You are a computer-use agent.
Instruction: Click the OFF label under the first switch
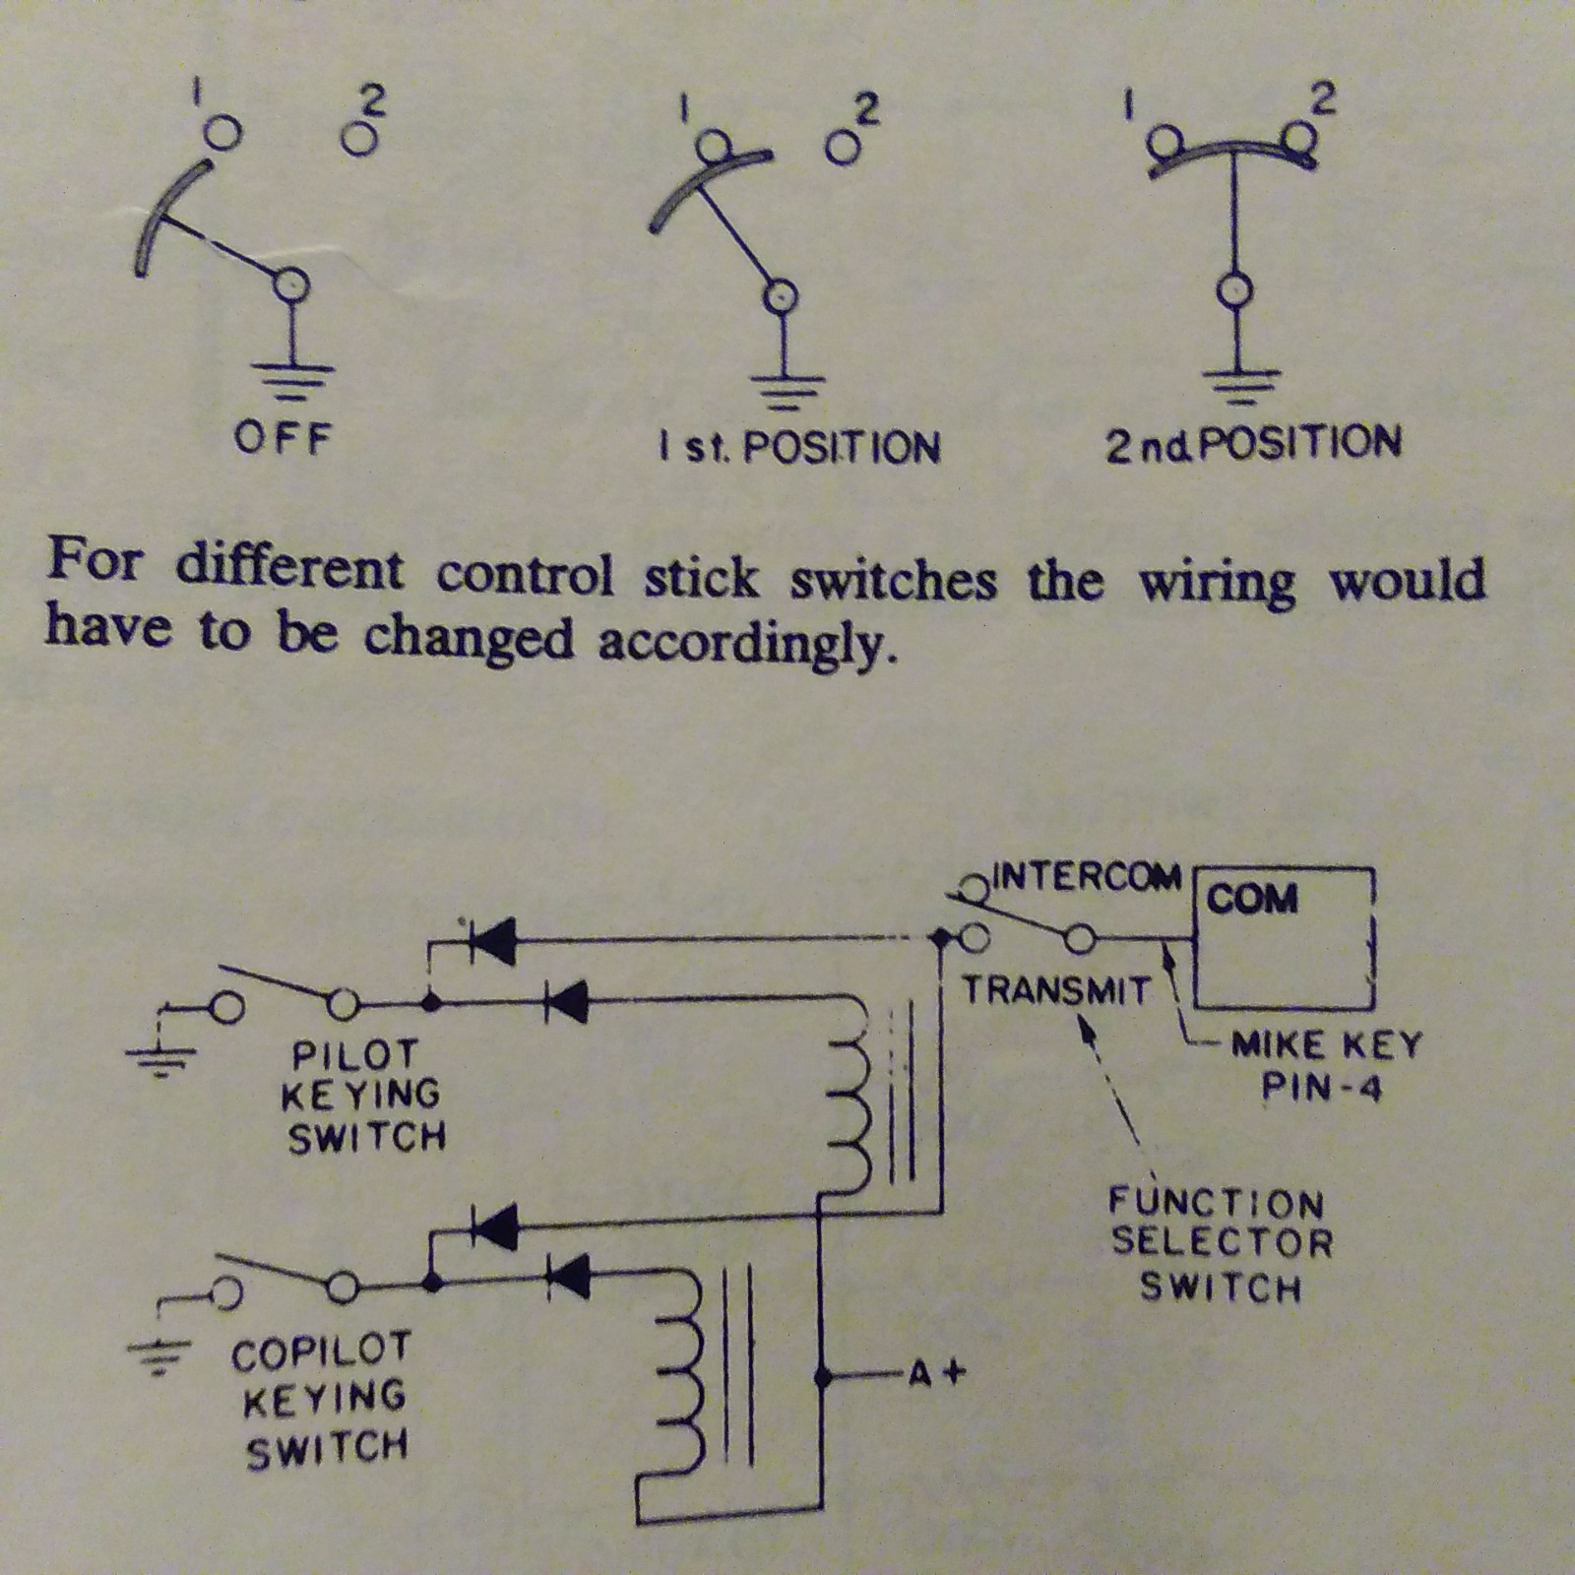tap(282, 438)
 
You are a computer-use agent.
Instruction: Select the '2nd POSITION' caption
tap(1253, 445)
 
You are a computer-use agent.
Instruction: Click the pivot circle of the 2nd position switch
tap(1234, 290)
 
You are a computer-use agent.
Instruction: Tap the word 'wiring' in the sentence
tap(1217, 582)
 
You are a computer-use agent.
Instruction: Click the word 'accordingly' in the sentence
tap(748, 643)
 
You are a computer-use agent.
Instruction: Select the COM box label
tap(1251, 899)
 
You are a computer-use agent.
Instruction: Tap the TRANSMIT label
tap(1056, 989)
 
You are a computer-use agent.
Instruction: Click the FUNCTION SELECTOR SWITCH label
tap(1221, 1244)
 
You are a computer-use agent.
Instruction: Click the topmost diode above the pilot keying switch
tap(492, 940)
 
